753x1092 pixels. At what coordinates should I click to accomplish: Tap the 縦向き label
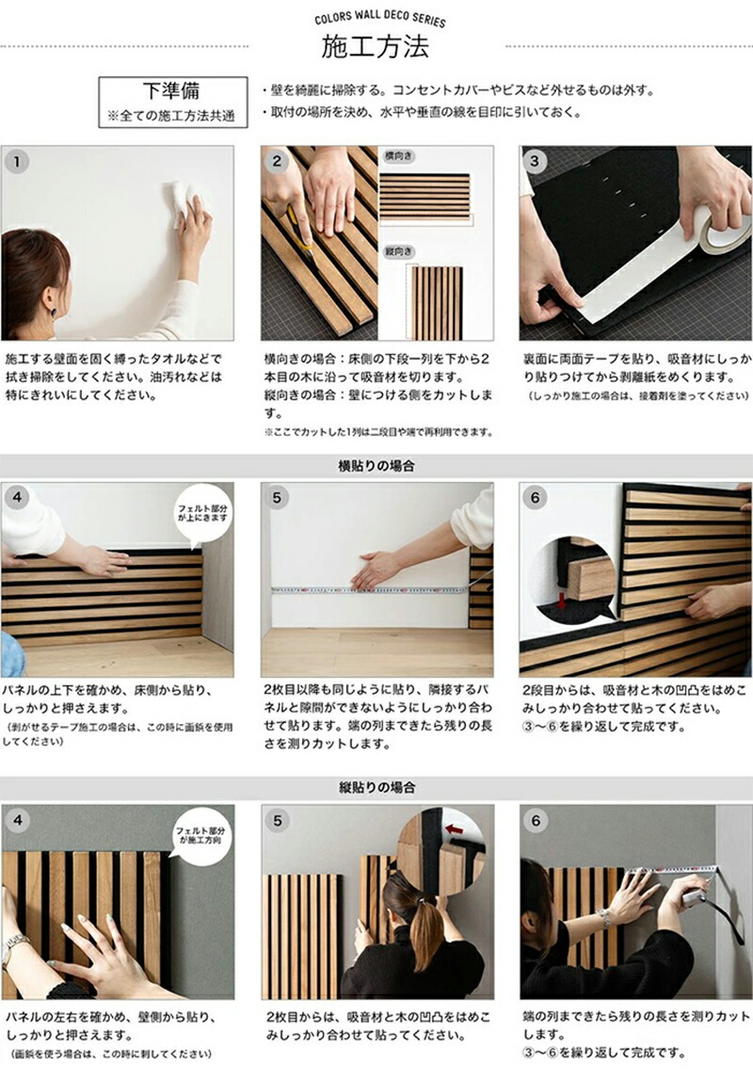coord(397,251)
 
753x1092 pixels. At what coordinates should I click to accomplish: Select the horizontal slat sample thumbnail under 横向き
coord(424,195)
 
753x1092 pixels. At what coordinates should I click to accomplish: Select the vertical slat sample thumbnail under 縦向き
coord(434,302)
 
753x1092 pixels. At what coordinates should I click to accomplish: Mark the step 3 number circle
coord(536,161)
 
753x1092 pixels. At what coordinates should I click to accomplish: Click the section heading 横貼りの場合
coord(376,466)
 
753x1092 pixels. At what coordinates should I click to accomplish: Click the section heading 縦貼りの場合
coord(376,787)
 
